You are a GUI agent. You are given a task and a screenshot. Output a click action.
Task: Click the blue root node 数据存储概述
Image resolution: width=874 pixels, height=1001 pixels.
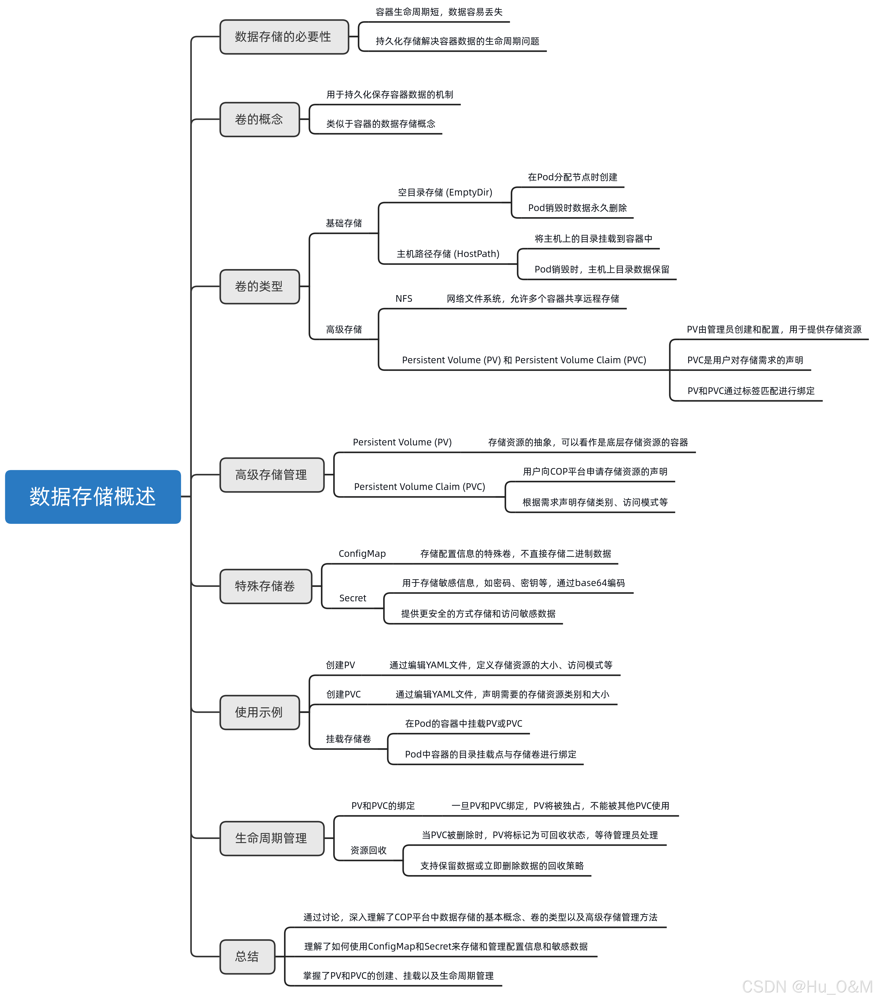coord(93,497)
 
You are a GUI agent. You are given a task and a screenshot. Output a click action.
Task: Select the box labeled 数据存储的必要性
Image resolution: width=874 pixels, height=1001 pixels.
coord(284,37)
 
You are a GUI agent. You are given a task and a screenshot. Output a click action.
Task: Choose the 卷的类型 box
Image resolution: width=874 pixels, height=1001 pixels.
coord(259,286)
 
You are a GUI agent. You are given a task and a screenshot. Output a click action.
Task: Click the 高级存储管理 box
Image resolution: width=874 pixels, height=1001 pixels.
coord(272,475)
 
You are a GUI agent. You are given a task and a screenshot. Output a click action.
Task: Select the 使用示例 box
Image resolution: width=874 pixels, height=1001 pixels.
coord(259,712)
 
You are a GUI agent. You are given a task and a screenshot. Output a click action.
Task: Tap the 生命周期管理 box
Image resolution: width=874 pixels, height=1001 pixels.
coord(272,838)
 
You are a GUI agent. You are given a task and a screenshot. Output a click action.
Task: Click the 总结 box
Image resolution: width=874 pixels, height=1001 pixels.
coord(247,956)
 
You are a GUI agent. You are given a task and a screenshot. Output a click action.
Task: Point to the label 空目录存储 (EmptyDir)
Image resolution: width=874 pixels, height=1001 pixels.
coord(445,192)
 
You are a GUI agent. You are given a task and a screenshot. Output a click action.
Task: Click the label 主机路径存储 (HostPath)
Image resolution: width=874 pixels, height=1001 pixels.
coord(448,254)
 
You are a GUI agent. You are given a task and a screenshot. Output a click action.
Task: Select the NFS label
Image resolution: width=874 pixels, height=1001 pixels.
coord(404,299)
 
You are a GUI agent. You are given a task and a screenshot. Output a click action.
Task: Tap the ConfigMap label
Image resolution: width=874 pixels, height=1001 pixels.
coord(362,554)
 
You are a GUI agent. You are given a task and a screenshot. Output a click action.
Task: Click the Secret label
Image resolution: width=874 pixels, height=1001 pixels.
coord(353,598)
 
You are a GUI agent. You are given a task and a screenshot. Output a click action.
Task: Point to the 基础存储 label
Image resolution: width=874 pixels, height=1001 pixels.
coord(344,223)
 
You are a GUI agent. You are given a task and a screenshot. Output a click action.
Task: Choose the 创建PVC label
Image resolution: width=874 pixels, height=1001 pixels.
coord(343,694)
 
